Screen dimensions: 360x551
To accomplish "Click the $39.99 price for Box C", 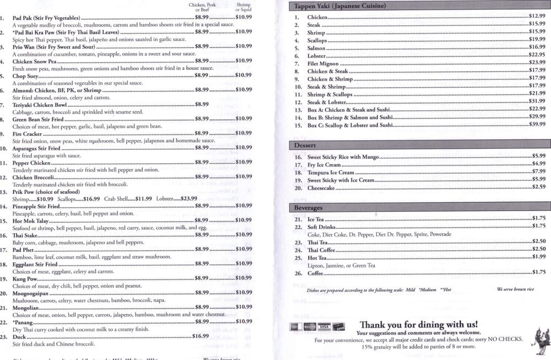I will tap(537, 125).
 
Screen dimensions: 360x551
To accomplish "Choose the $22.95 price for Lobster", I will tap(537, 55).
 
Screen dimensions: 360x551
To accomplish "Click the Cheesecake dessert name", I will tap(321, 187).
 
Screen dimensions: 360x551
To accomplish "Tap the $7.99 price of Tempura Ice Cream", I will tap(538, 171).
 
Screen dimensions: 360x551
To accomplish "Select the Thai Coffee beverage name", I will tap(321, 250).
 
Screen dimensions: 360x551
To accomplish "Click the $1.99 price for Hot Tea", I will tap(538, 257).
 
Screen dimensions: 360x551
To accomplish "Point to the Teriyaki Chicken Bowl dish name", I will tap(40, 104).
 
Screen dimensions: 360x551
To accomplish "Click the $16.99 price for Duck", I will tap(201, 336).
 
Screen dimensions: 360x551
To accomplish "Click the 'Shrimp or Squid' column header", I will tap(243, 7).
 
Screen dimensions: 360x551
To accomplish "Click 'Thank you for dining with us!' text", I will tap(418, 324).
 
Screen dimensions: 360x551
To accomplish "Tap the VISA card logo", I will tap(324, 326).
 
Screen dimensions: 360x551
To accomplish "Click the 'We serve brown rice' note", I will tap(515, 289).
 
